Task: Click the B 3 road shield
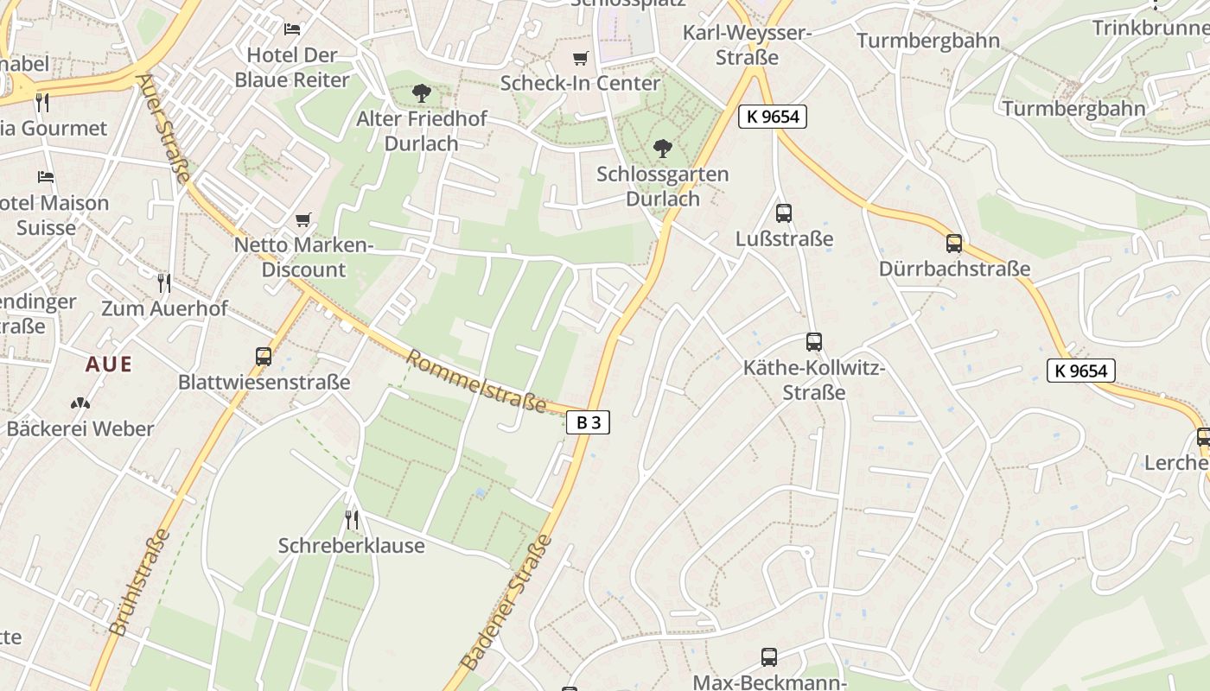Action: click(589, 422)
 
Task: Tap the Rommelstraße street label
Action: click(477, 381)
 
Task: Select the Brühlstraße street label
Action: click(140, 583)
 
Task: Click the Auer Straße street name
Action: click(163, 128)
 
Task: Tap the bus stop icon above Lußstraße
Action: click(784, 212)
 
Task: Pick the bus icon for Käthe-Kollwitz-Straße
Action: click(813, 342)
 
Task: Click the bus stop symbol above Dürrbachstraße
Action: click(954, 244)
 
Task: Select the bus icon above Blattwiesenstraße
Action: click(264, 356)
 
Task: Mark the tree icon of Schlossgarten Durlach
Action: click(662, 149)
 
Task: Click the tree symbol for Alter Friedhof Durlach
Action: click(422, 92)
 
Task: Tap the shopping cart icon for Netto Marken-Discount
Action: click(302, 220)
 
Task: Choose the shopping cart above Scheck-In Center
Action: click(580, 58)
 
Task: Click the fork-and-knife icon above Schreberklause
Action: click(351, 519)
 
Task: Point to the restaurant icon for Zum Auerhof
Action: click(164, 282)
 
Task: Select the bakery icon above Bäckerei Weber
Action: click(80, 403)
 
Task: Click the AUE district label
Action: click(109, 365)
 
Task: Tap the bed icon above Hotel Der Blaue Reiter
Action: click(292, 29)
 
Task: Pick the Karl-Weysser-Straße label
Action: click(747, 45)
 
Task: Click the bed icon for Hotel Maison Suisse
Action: click(46, 177)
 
